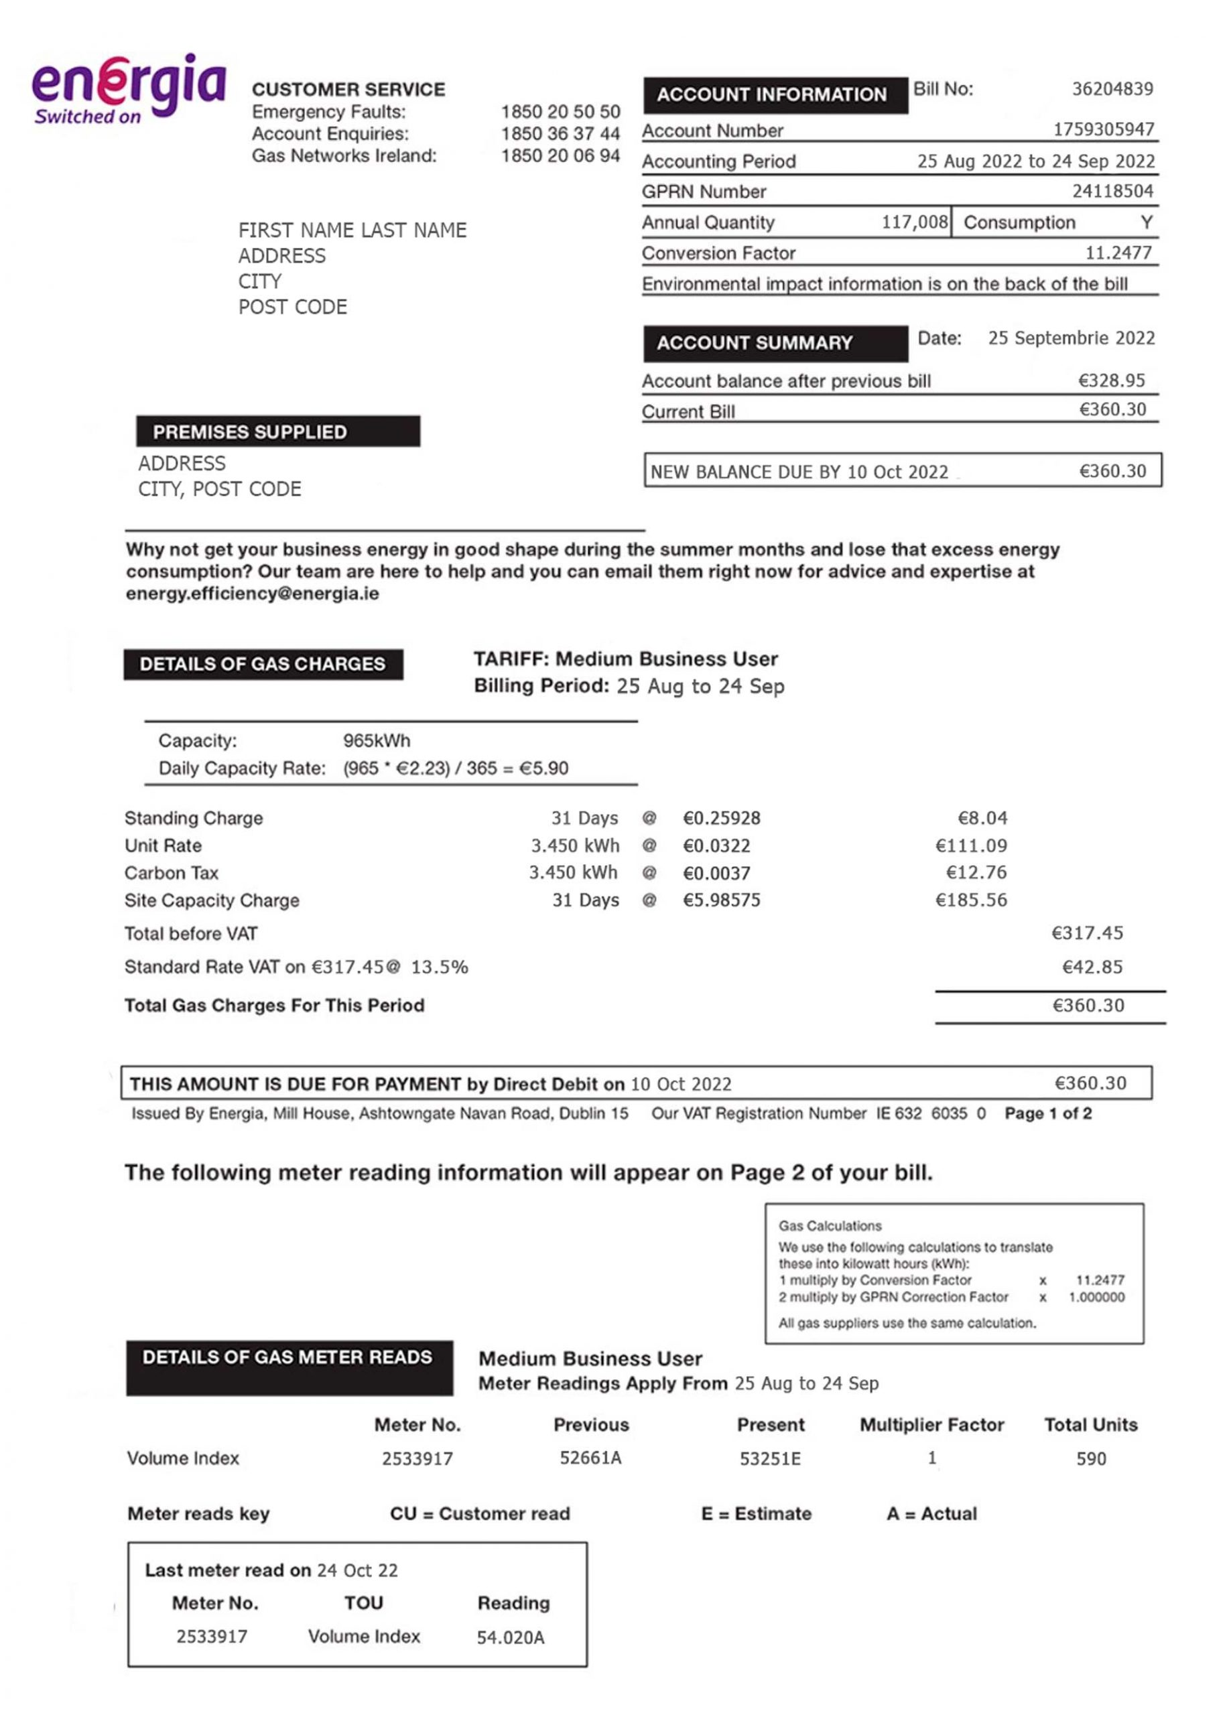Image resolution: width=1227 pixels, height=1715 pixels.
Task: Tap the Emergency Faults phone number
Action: pyautogui.click(x=560, y=112)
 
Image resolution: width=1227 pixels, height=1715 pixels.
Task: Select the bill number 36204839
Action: pyautogui.click(x=1112, y=89)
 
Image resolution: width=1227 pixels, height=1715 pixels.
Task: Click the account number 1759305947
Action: pyautogui.click(x=1103, y=130)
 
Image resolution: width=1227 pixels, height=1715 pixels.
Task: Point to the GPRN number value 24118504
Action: pyautogui.click(x=1112, y=191)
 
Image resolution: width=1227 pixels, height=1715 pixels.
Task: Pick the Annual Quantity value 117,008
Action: pyautogui.click(x=914, y=222)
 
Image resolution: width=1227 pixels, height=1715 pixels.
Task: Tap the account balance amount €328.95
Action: pyautogui.click(x=1111, y=381)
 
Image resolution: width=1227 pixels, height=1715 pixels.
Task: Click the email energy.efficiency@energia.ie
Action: pyautogui.click(x=253, y=594)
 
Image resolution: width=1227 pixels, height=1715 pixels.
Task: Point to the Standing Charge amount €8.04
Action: pyautogui.click(x=982, y=818)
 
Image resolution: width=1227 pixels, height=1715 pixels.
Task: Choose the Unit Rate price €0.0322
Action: pyautogui.click(x=716, y=846)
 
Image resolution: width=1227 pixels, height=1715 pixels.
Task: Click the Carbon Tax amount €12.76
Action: pyautogui.click(x=976, y=873)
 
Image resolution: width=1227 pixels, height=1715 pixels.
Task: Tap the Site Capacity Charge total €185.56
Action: pyautogui.click(x=971, y=900)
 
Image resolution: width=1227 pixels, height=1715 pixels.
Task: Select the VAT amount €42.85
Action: pyautogui.click(x=1092, y=967)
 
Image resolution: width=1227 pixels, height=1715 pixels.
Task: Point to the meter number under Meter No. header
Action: pyautogui.click(x=417, y=1458)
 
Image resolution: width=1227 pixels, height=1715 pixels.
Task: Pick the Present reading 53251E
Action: pyautogui.click(x=770, y=1458)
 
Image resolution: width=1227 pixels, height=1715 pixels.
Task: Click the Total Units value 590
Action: pyautogui.click(x=1091, y=1458)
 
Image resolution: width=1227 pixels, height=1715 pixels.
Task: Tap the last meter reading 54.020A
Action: pyautogui.click(x=510, y=1637)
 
